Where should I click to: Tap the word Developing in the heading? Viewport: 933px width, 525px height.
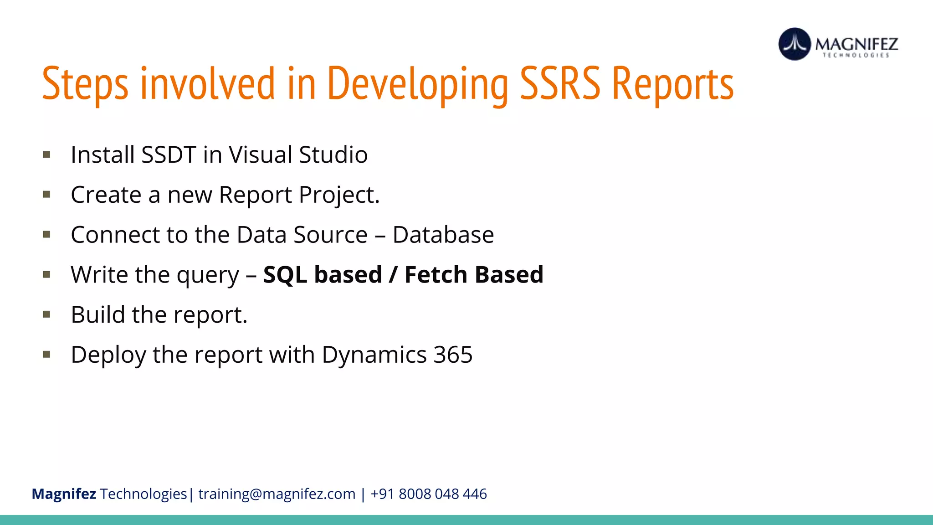coord(417,84)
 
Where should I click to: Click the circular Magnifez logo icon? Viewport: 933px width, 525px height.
coord(795,44)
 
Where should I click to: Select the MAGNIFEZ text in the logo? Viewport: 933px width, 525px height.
coord(856,44)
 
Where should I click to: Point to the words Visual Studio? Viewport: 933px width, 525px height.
coord(298,155)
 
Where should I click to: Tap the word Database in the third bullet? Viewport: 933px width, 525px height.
coord(443,235)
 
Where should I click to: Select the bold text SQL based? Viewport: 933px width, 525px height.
coord(323,275)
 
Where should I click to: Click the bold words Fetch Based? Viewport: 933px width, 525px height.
coord(474,275)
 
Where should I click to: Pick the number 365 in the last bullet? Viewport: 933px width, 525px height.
coord(453,355)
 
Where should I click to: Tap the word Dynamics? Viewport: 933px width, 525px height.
coord(374,355)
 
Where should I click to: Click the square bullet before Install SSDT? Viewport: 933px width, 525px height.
coord(46,155)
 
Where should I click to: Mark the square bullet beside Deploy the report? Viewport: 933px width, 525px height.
coord(46,355)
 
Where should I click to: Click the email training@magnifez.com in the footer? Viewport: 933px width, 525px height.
coord(277,494)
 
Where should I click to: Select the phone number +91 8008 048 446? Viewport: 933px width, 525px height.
coord(429,494)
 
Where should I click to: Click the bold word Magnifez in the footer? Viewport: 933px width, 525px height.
coord(64,494)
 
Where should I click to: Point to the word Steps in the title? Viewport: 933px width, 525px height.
coord(85,84)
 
